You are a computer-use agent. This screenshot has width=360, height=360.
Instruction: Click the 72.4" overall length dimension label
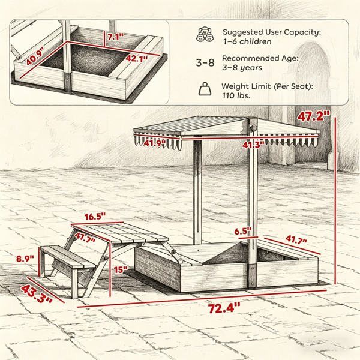(x=224, y=308)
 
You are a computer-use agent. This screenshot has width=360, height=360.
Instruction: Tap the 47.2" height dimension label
(x=313, y=116)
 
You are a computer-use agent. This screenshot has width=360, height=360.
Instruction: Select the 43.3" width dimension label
(x=37, y=293)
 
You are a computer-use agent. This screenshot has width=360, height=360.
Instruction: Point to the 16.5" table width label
(x=95, y=217)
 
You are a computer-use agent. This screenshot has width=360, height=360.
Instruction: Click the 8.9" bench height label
(x=25, y=259)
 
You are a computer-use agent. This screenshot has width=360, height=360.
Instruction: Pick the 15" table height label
(x=121, y=270)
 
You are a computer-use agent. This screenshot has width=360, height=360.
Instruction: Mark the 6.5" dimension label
(x=243, y=231)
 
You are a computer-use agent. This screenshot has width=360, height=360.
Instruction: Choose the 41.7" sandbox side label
(x=296, y=239)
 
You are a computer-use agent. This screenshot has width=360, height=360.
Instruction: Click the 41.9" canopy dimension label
(x=155, y=143)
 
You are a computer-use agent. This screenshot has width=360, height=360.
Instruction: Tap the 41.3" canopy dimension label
(x=253, y=145)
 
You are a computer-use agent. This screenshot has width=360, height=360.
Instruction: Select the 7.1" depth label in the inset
(x=116, y=37)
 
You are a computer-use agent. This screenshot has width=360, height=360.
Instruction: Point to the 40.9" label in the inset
(x=35, y=56)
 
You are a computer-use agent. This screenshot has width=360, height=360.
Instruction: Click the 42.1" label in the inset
(x=137, y=59)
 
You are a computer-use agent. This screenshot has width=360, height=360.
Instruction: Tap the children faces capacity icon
(x=205, y=35)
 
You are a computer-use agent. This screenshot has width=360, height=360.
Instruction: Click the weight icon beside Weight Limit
(x=205, y=89)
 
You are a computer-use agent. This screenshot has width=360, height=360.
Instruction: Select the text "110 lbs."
(x=236, y=95)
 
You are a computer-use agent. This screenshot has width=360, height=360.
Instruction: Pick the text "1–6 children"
(x=247, y=41)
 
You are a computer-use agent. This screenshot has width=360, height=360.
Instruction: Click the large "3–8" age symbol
(x=205, y=62)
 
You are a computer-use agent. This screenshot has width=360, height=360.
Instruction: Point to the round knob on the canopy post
(x=254, y=128)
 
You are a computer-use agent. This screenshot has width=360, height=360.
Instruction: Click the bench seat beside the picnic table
(x=68, y=256)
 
